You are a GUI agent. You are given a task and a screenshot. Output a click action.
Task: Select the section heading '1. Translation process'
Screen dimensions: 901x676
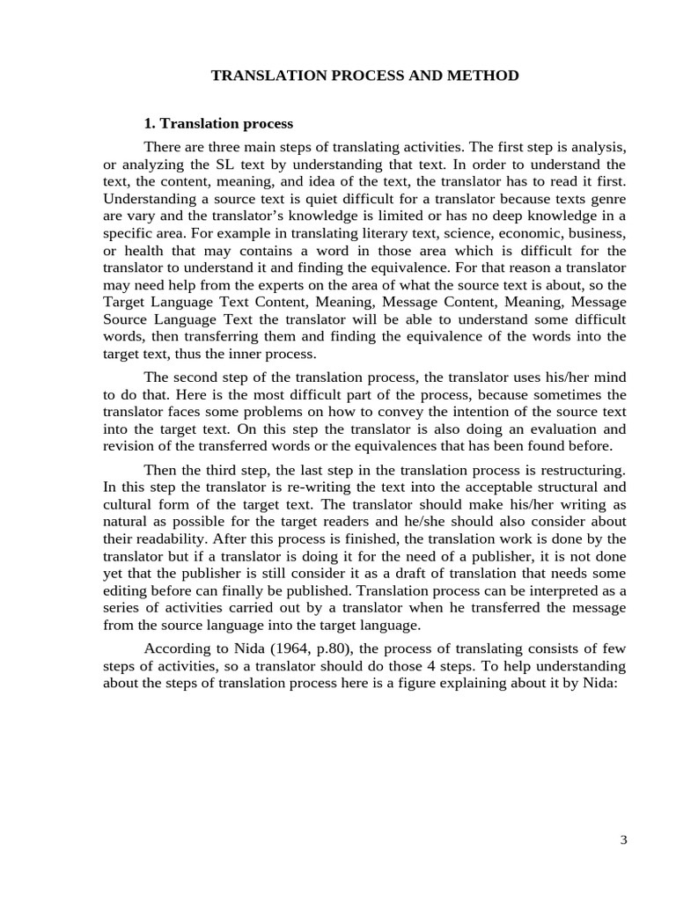218,123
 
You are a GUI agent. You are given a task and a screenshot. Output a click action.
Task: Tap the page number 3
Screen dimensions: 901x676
623,839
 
